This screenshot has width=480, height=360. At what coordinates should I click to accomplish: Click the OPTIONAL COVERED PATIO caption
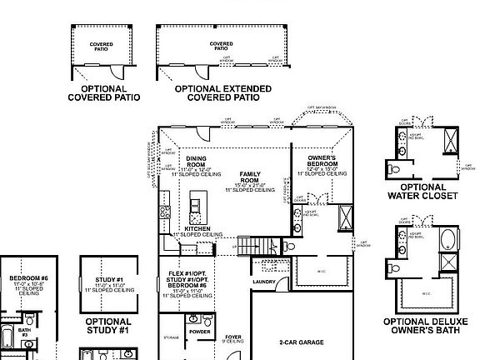[103, 92]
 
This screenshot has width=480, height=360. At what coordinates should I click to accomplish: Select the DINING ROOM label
[197, 161]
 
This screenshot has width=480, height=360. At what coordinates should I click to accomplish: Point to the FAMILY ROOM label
[251, 177]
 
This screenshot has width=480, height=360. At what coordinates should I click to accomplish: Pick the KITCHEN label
[197, 228]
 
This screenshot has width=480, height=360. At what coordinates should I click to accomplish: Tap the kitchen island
[197, 204]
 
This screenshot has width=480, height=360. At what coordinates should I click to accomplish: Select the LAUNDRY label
[264, 282]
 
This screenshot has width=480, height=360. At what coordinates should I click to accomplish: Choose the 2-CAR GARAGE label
[301, 342]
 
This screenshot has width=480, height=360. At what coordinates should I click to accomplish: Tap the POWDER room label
[200, 331]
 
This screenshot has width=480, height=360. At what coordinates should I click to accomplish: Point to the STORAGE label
[172, 337]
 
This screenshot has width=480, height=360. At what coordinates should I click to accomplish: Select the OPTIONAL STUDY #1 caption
[107, 325]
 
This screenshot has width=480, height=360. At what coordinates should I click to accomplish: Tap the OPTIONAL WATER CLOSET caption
[422, 192]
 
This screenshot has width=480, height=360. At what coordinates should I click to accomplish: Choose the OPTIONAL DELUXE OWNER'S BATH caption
[422, 325]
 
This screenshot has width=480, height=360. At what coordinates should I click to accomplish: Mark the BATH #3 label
[25, 331]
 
